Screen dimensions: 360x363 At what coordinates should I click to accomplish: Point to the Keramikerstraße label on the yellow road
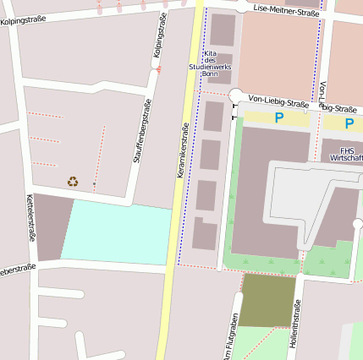pyautogui.click(x=181, y=150)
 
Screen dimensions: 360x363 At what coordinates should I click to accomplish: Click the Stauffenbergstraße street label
pyautogui.click(x=141, y=131)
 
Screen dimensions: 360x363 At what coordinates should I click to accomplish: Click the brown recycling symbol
pyautogui.click(x=73, y=181)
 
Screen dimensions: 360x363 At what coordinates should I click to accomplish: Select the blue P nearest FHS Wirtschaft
pyautogui.click(x=349, y=123)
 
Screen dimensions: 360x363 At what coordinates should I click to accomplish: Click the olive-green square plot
pyautogui.click(x=268, y=300)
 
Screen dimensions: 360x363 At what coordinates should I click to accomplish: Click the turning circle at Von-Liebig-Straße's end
pyautogui.click(x=236, y=96)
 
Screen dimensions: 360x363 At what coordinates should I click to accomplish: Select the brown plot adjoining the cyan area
pyautogui.click(x=52, y=226)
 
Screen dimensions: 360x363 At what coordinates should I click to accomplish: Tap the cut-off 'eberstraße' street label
pyautogui.click(x=17, y=270)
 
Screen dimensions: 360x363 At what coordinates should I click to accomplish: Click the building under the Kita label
pyautogui.click(x=222, y=30)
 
